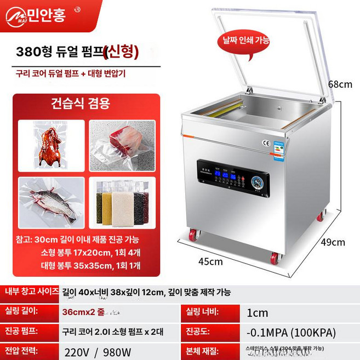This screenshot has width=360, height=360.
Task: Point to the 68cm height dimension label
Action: [340, 84]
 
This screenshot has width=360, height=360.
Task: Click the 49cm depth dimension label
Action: [340, 242]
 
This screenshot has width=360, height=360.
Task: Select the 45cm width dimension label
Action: [210, 261]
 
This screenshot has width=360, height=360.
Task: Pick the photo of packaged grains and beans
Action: [122, 200]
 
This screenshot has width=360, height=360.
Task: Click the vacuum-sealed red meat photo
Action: [122, 145]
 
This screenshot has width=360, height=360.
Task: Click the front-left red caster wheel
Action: [193, 237]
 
